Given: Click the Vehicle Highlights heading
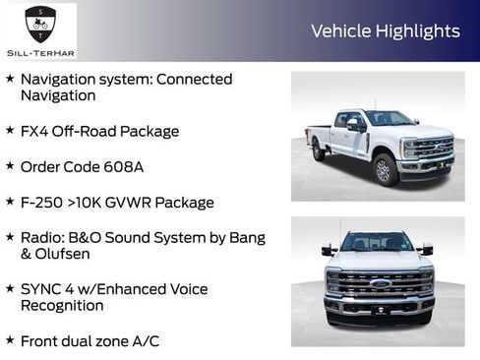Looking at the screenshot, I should pyautogui.click(x=385, y=31).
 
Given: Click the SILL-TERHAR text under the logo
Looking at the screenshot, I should pyautogui.click(x=38, y=50).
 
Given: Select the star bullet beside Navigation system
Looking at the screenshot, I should pyautogui.click(x=10, y=79).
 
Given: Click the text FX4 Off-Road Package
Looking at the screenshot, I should pyautogui.click(x=99, y=130).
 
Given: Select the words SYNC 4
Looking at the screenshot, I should pyautogui.click(x=48, y=289).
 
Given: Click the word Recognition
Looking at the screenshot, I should pyautogui.click(x=62, y=306).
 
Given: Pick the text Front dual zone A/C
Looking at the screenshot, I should pyautogui.click(x=90, y=341).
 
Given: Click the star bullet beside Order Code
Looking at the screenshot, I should pyautogui.click(x=10, y=166).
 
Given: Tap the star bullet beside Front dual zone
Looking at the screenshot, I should pyautogui.click(x=10, y=341).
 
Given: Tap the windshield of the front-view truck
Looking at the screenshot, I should pyautogui.click(x=378, y=243).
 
